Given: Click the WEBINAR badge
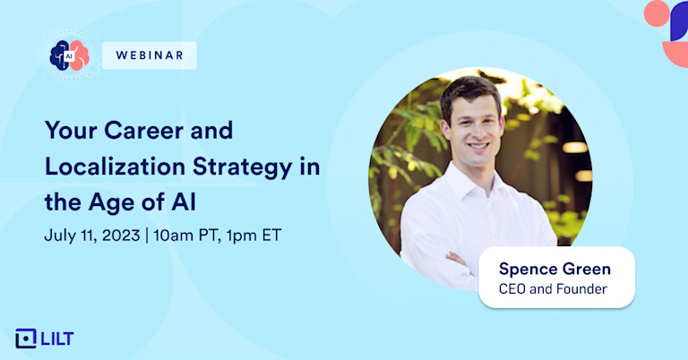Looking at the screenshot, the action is (150, 56).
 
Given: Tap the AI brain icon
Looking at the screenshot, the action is (69, 56).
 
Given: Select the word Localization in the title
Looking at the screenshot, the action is (115, 167).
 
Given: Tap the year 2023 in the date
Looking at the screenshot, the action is (121, 236).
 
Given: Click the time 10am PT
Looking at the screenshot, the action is (187, 236).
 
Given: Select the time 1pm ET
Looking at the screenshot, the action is (254, 236).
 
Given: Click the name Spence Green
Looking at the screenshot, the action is (555, 269).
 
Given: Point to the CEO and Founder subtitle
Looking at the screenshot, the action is (553, 289).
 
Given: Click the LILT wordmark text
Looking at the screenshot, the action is (57, 339).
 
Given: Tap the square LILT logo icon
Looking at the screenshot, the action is (26, 339).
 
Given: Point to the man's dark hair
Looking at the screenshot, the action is (470, 92).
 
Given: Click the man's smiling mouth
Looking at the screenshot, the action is (477, 146).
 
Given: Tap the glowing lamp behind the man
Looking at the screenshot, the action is (574, 148).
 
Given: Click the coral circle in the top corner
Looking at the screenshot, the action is (657, 13).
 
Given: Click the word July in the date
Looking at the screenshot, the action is (60, 236).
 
